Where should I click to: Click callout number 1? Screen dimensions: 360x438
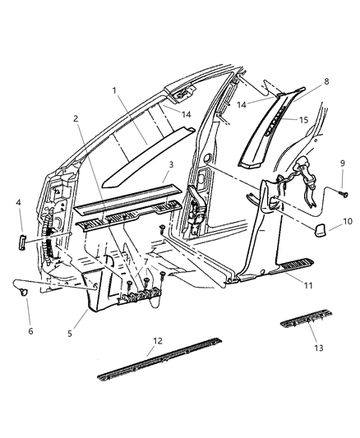(x=114, y=90)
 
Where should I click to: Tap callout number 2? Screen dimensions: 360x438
(x=76, y=118)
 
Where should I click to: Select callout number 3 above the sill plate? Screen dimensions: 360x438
(x=171, y=164)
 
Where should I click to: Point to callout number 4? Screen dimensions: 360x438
(x=18, y=201)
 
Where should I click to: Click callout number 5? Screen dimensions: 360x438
(x=70, y=334)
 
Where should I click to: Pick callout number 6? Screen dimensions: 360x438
(x=30, y=331)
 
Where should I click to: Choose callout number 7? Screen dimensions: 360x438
(x=145, y=262)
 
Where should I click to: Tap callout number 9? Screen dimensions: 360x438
(x=343, y=164)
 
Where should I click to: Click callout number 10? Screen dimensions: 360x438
(x=348, y=221)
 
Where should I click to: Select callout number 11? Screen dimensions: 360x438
(x=308, y=285)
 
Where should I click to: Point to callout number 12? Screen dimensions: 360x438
(x=158, y=341)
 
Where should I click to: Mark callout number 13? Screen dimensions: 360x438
(x=318, y=348)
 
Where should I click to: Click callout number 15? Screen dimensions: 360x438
(x=303, y=120)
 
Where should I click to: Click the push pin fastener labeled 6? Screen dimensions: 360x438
(x=25, y=293)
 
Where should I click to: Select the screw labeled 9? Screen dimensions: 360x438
(x=344, y=193)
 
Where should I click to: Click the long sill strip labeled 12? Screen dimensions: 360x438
(x=159, y=359)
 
